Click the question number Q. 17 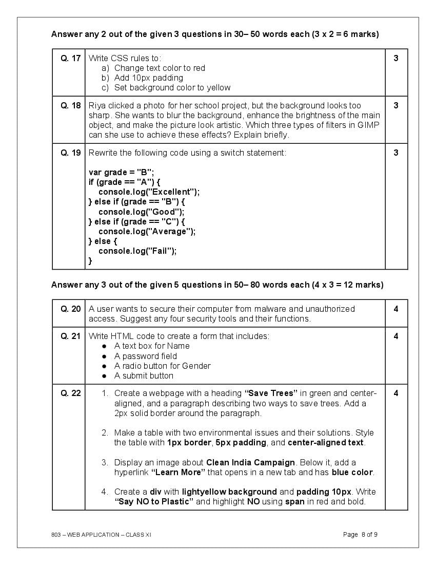pyautogui.click(x=70, y=59)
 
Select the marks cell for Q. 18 pyautogui.click(x=395, y=106)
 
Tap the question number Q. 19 pyautogui.click(x=70, y=153)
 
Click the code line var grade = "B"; pyautogui.click(x=121, y=173)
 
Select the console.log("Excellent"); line pyautogui.click(x=149, y=192)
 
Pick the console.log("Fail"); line pyautogui.click(x=137, y=251)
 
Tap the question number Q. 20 pyautogui.click(x=70, y=309)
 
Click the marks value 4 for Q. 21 pyautogui.click(x=395, y=336)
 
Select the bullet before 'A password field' pyautogui.click(x=104, y=356)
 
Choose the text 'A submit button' pyautogui.click(x=144, y=376)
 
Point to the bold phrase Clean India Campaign pyautogui.click(x=250, y=463)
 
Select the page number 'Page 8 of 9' pyautogui.click(x=360, y=535)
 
